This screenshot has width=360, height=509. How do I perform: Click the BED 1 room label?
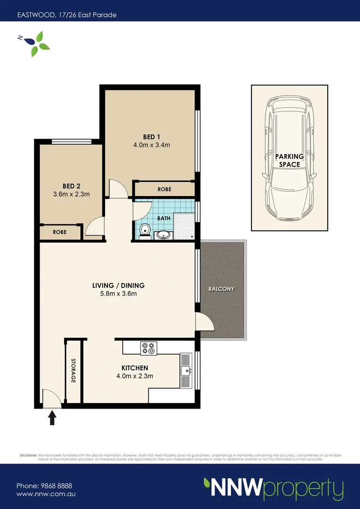coord(151,137)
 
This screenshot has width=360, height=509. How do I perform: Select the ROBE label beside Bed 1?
coord(164,189)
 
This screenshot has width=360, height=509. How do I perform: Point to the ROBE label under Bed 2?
coord(59,232)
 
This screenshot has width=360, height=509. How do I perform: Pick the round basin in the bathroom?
coord(164,234)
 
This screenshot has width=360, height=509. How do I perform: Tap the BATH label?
coord(164,219)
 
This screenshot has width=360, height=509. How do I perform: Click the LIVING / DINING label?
coord(118,286)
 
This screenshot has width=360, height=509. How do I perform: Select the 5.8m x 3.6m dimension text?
coord(118,294)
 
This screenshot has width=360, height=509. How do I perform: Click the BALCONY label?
coord(221,289)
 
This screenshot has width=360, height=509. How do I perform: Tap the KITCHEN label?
coord(135,368)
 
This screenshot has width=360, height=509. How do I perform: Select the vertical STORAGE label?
coord(74,370)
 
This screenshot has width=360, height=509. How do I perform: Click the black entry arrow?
coord(52,417)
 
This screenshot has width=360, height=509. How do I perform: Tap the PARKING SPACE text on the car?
coord(289,160)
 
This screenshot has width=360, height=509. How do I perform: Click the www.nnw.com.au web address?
coord(46,494)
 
